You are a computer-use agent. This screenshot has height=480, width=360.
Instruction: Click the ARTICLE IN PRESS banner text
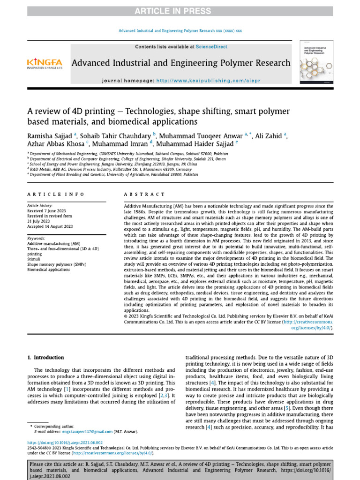click(180, 11)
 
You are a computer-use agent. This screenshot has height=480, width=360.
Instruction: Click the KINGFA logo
click(45, 63)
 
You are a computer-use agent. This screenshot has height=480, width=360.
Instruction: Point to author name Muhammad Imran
click(120, 144)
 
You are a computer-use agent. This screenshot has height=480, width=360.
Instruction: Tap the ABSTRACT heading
click(144, 194)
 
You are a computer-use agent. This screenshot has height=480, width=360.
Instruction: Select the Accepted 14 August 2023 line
click(50, 226)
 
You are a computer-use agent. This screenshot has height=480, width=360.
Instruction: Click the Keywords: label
click(36, 239)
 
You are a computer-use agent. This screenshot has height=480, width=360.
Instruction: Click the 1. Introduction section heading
click(45, 358)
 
